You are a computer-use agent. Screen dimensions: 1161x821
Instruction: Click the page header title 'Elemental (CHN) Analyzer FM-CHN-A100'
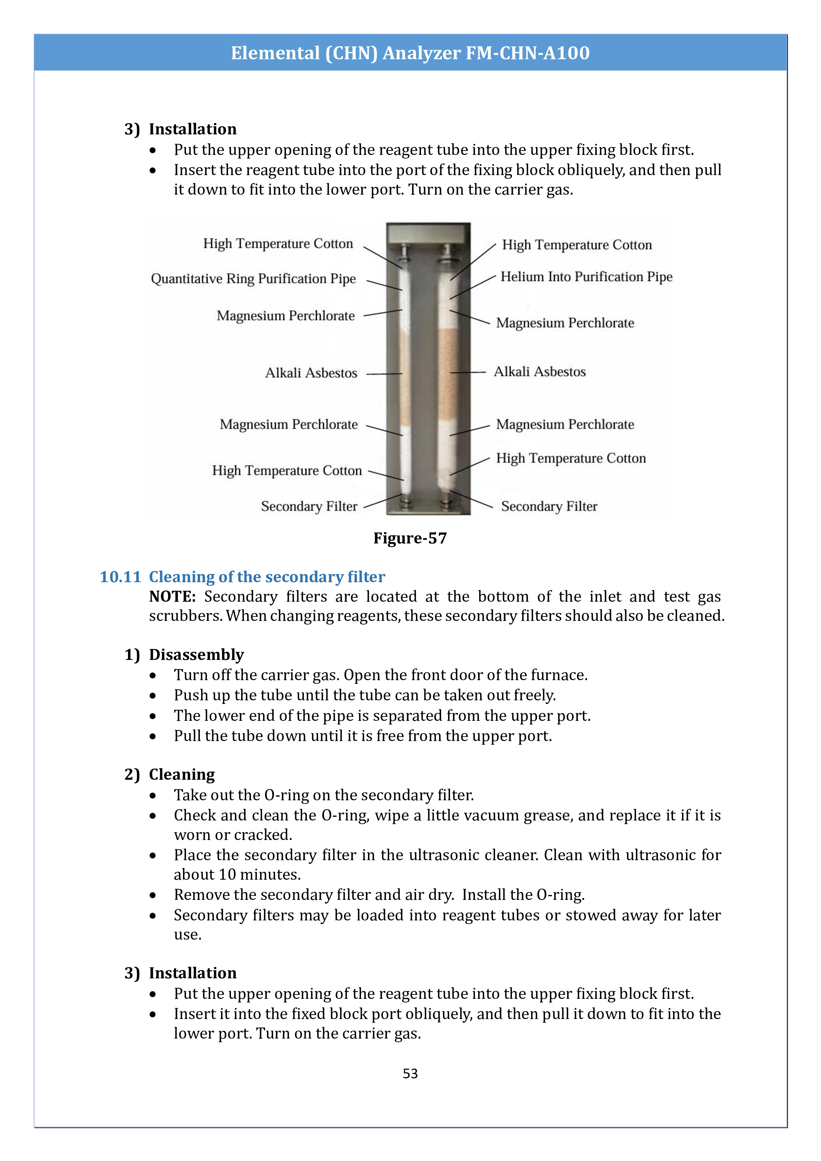(410, 53)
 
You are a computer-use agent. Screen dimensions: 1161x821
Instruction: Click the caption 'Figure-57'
(410, 538)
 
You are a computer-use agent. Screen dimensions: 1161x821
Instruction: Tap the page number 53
(410, 1074)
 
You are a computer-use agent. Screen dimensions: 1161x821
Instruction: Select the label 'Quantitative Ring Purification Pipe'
(253, 279)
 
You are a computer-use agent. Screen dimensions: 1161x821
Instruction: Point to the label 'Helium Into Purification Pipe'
(586, 277)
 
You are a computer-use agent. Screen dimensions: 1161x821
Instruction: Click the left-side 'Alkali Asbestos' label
(311, 373)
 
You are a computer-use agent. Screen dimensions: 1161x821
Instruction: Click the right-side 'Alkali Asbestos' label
(539, 372)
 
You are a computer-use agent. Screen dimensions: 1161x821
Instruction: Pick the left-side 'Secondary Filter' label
(309, 506)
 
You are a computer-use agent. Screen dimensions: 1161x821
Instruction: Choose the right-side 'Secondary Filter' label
(549, 506)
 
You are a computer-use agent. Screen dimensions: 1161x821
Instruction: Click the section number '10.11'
(120, 577)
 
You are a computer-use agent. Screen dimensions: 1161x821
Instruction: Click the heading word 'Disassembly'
(196, 655)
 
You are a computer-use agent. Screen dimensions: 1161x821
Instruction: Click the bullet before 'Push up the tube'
(153, 696)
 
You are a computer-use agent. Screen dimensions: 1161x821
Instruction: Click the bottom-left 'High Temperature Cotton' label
(287, 471)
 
